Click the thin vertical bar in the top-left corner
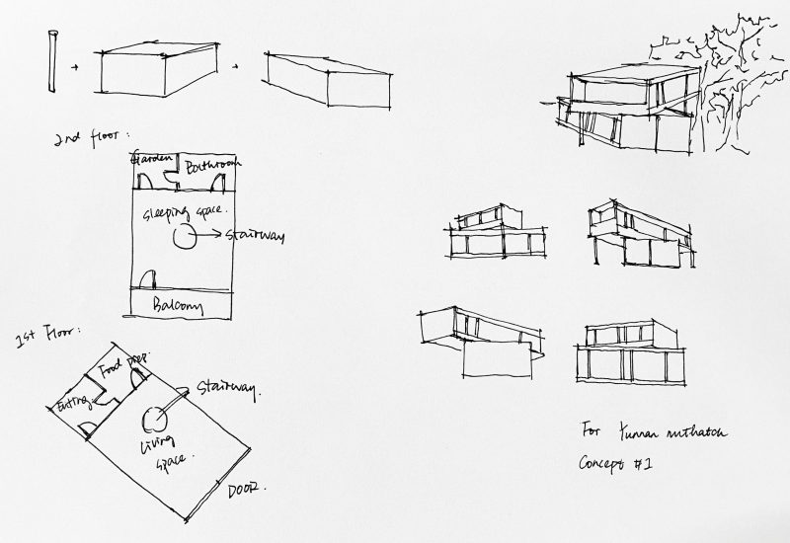coord(49,61)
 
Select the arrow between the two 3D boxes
coord(235,67)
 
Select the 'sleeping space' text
coord(185,211)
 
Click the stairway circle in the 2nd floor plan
coord(183,238)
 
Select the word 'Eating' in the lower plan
coord(72,404)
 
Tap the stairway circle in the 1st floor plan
coord(155,420)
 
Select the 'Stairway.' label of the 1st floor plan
coord(228,388)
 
